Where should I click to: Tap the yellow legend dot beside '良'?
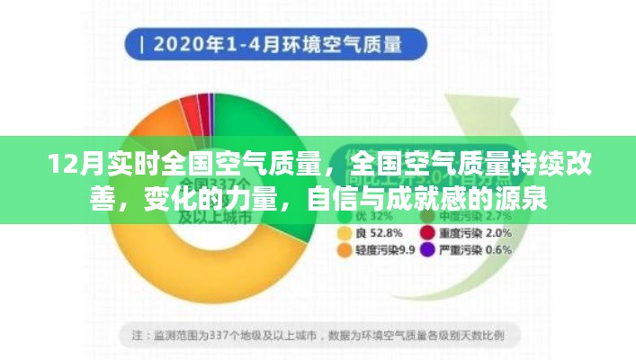(343, 234)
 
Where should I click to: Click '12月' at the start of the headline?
(67, 167)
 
